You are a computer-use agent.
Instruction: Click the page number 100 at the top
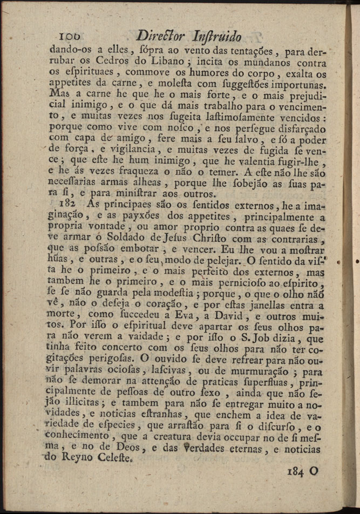70,36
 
